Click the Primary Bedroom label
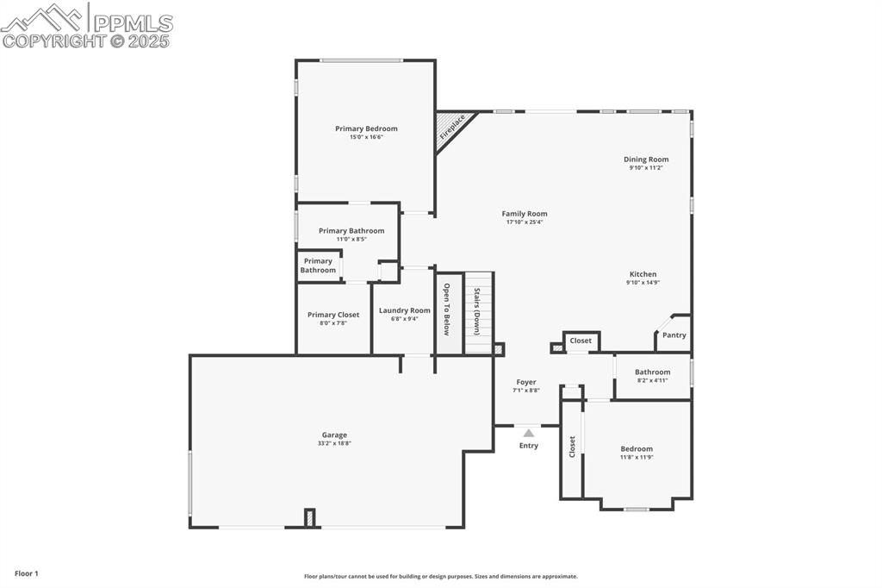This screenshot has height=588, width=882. (366, 128)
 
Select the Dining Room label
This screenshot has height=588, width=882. (646, 160)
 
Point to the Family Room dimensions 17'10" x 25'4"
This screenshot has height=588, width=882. (525, 222)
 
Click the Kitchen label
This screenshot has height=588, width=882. (643, 274)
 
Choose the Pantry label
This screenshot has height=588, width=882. (674, 335)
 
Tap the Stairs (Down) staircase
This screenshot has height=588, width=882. (478, 312)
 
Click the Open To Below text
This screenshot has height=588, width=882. (447, 309)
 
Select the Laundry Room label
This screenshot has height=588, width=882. (404, 310)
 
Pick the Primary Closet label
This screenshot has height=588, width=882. (333, 315)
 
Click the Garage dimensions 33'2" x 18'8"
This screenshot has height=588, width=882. (334, 443)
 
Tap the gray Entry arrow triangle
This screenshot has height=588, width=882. (529, 434)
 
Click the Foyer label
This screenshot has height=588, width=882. (526, 382)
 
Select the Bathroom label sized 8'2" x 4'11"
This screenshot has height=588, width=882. (652, 372)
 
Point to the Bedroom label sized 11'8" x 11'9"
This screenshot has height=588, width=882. (637, 448)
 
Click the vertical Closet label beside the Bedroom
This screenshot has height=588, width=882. (572, 447)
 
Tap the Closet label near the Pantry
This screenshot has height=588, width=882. (581, 341)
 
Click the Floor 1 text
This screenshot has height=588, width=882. (27, 573)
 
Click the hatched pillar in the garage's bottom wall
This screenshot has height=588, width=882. (310, 517)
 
